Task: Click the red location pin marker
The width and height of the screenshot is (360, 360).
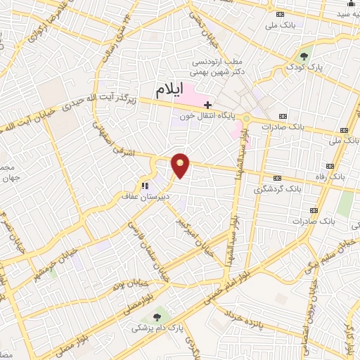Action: point(181,165)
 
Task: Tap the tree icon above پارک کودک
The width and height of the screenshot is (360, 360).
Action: point(304,56)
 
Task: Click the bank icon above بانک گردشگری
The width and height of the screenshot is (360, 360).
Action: point(278,178)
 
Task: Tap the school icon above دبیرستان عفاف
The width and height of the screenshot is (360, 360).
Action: point(144,186)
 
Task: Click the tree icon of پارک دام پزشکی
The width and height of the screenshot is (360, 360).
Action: point(157,316)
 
